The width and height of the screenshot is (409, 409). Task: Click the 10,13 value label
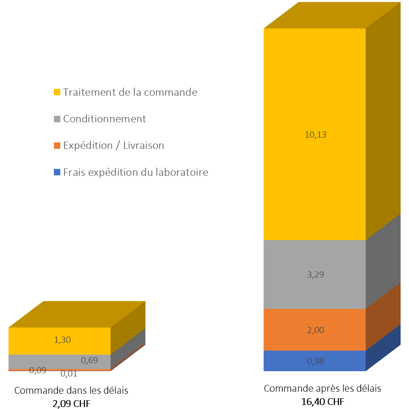click(315, 135)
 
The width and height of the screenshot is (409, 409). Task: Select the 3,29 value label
click(315, 275)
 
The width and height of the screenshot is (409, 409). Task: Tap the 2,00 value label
click(315, 330)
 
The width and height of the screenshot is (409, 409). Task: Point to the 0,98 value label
click(315, 361)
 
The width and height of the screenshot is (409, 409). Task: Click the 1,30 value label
click(62, 340)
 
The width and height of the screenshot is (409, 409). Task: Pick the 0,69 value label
click(89, 360)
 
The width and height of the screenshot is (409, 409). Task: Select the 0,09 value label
click(37, 370)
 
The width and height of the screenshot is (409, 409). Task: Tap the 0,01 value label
click(69, 374)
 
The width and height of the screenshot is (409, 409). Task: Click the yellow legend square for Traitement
click(57, 92)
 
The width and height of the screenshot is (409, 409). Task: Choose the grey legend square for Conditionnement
click(57, 119)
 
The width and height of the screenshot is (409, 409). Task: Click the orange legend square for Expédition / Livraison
click(57, 146)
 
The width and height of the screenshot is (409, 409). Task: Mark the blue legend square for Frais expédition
click(57, 173)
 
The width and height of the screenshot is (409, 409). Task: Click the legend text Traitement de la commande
click(130, 92)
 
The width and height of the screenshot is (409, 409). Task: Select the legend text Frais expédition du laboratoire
click(136, 173)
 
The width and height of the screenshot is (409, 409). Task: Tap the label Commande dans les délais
click(71, 391)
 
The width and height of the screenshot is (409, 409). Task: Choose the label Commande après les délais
click(322, 388)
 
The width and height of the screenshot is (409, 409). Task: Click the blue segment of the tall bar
click(282, 361)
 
